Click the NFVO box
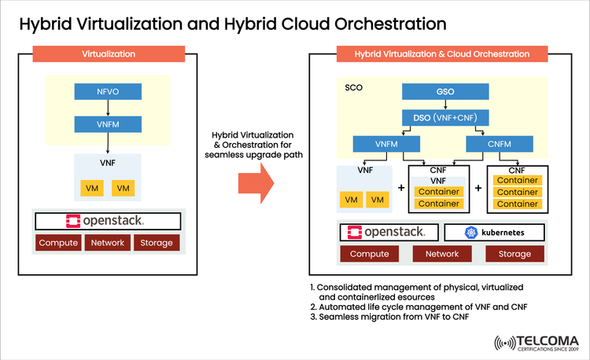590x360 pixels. [x=108, y=92]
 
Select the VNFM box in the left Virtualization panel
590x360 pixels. [x=108, y=124]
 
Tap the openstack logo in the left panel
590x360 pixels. [x=108, y=220]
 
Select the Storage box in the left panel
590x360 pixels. [x=157, y=243]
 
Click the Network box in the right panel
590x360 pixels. [x=441, y=254]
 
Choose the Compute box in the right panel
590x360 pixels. [x=369, y=254]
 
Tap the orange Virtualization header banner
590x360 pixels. [x=108, y=54]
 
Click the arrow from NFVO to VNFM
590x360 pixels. [x=108, y=108]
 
